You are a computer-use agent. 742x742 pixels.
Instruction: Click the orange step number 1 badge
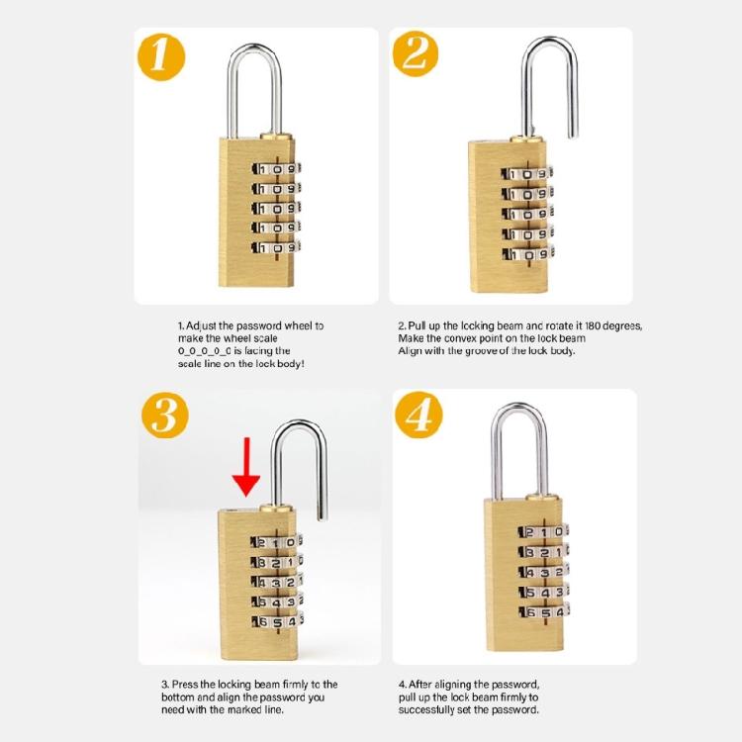(x=161, y=56)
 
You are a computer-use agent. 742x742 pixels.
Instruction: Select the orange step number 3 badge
(x=164, y=417)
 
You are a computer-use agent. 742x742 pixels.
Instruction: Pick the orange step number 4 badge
(x=418, y=417)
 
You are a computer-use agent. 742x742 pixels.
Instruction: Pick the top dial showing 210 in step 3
(x=275, y=541)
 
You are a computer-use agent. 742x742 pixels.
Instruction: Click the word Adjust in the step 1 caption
(x=204, y=325)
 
